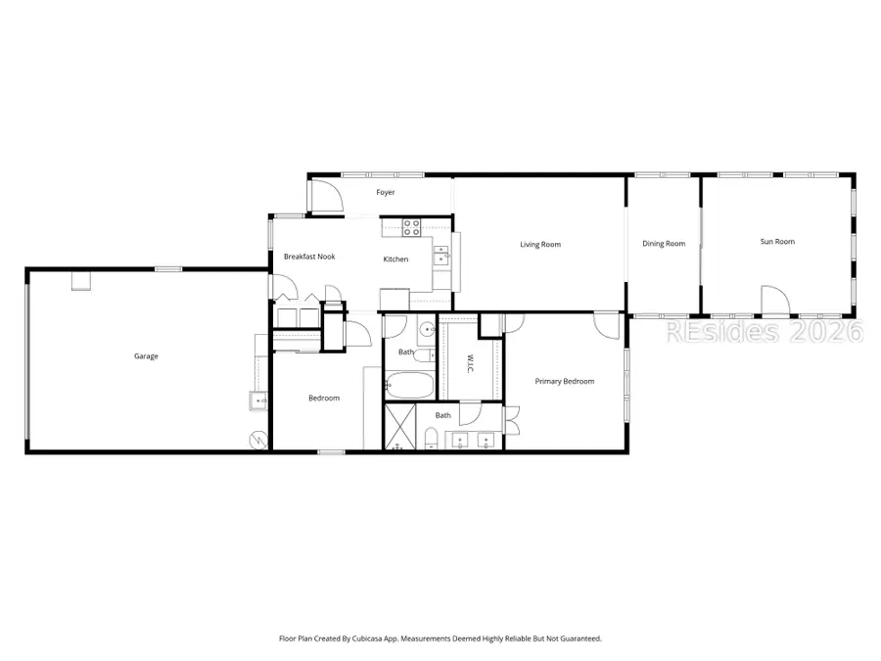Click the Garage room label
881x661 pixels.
tap(146, 356)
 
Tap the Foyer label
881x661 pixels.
tap(386, 193)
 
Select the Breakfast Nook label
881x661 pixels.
tap(309, 257)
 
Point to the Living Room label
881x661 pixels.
tap(539, 245)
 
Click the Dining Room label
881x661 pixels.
tap(664, 244)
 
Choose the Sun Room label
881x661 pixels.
tap(777, 242)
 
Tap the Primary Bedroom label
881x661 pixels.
tap(564, 382)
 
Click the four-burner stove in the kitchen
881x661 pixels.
tap(412, 228)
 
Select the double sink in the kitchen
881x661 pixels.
tap(441, 257)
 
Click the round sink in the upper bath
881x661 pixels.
tap(427, 330)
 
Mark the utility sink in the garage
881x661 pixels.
tap(258, 400)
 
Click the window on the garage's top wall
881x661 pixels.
tap(168, 269)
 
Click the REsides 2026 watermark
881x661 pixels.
tap(765, 332)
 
